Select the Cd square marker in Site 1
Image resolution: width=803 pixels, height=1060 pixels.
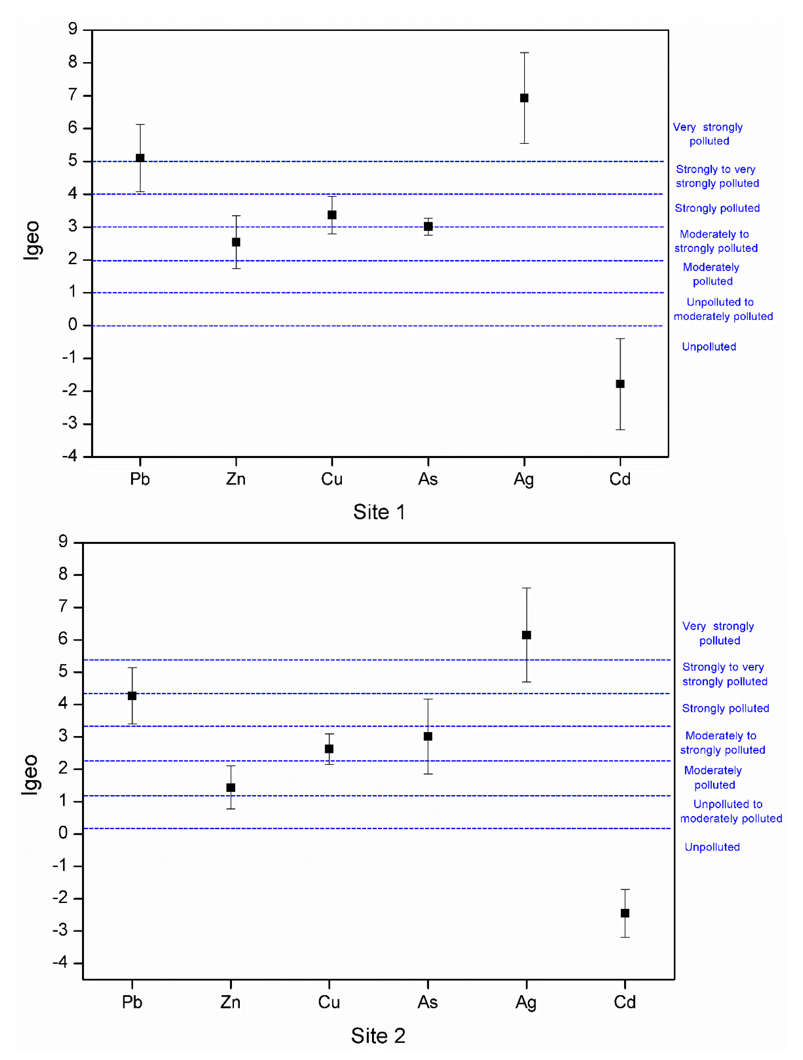620,384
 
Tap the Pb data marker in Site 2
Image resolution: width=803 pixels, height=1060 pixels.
132,696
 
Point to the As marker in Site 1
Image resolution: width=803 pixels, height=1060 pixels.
428,226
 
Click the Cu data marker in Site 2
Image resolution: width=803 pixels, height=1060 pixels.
329,748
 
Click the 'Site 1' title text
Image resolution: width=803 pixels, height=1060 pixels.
379,512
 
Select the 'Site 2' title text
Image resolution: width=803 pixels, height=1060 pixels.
378,1036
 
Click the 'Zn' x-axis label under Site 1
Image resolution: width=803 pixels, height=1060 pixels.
236,479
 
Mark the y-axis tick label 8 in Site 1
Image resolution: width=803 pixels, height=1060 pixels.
72,62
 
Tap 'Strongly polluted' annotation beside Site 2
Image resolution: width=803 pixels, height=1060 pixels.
725,708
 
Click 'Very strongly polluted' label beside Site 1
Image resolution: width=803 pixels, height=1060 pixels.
708,134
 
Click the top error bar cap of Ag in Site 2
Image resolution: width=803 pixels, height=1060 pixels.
527,588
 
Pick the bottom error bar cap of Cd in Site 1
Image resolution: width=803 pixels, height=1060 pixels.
620,429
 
